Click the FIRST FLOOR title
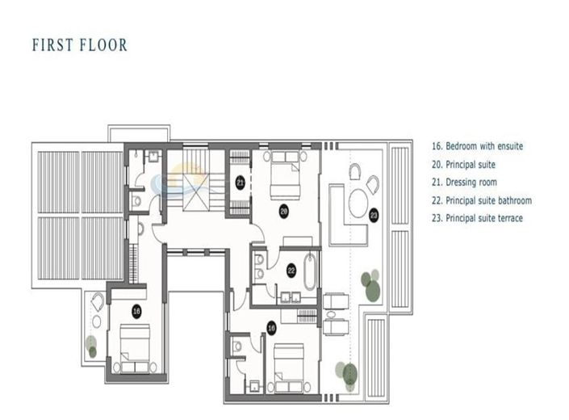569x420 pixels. point(80,45)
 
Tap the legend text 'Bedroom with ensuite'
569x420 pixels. point(478,146)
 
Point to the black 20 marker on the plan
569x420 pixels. point(284,212)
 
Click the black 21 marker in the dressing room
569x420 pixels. point(241,183)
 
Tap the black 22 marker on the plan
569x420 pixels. point(291,271)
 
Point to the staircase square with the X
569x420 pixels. point(195,184)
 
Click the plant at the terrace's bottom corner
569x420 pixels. point(349,373)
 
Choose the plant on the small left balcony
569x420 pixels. point(91,347)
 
